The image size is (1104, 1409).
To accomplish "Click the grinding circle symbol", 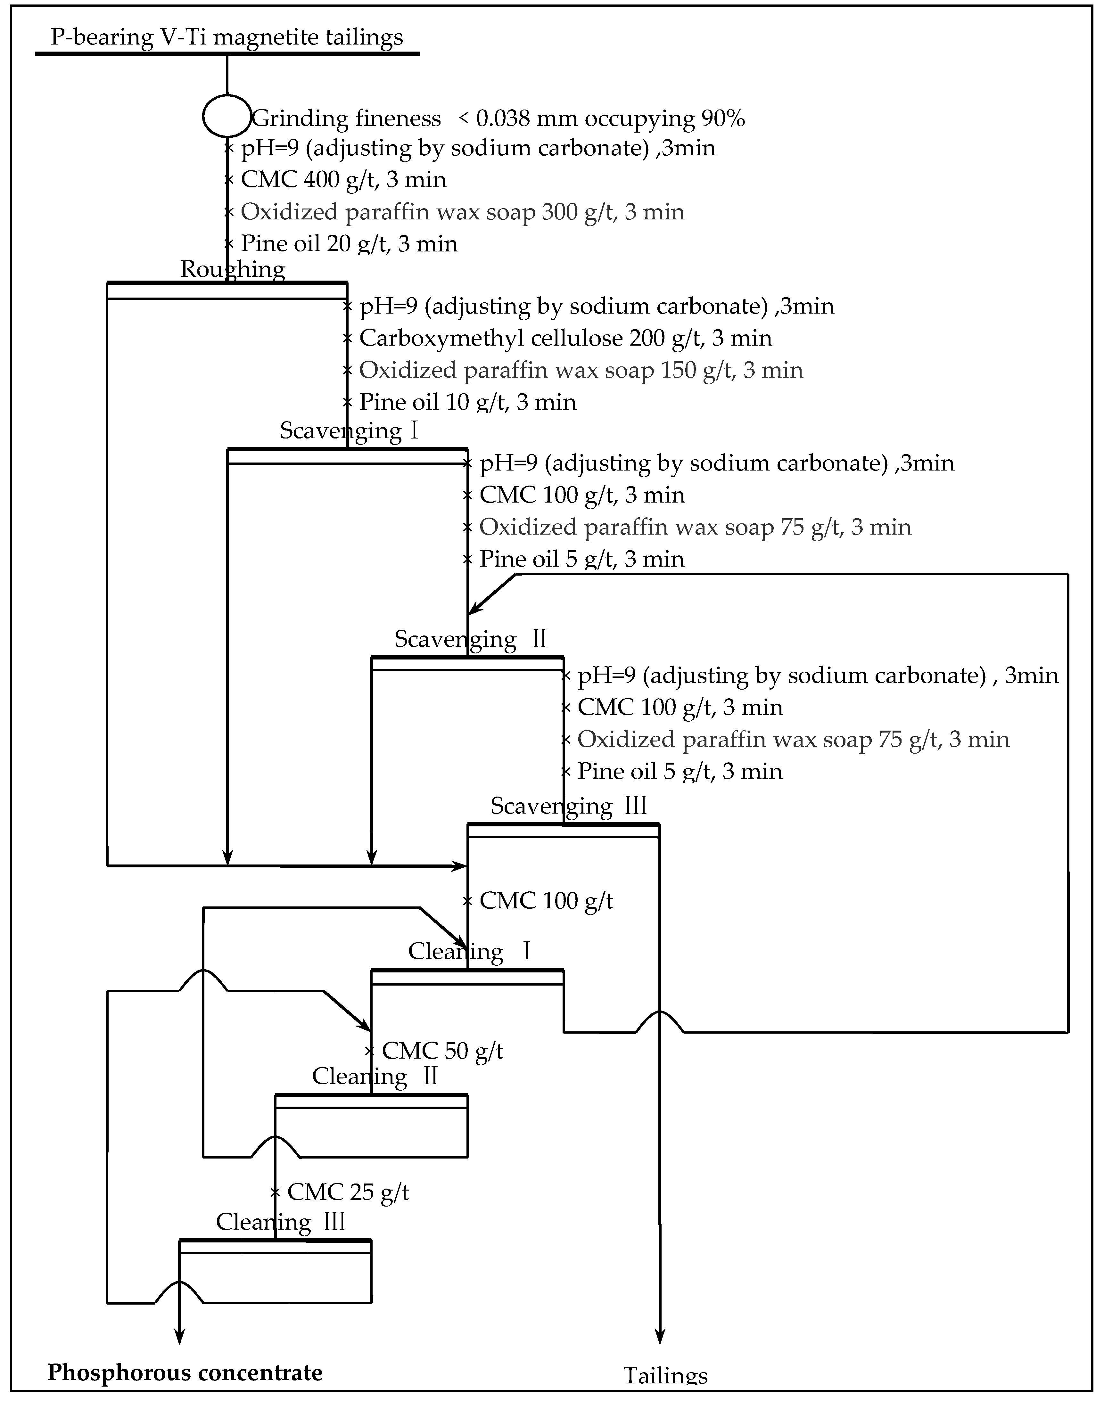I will [x=226, y=116].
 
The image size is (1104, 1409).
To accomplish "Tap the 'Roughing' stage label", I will [x=233, y=269].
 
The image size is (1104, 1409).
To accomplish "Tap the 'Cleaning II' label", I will [x=375, y=1076].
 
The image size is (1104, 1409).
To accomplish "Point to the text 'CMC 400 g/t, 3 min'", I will [x=343, y=180].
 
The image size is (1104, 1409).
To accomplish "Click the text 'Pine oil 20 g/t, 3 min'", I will [x=349, y=244].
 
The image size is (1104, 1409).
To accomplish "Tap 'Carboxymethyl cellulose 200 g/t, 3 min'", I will [x=565, y=338].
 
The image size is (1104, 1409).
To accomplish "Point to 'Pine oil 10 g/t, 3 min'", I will [x=467, y=402].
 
